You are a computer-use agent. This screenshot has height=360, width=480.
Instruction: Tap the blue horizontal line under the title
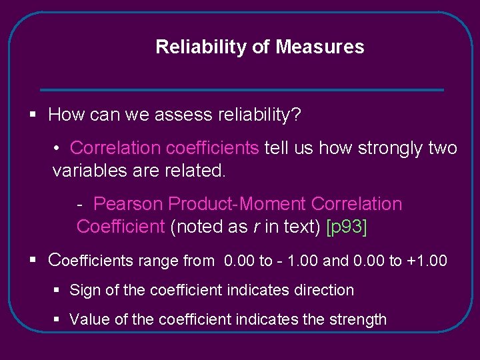tap(241, 90)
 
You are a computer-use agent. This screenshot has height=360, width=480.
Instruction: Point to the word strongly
tap(389, 148)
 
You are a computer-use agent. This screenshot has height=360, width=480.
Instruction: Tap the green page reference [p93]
tap(346, 227)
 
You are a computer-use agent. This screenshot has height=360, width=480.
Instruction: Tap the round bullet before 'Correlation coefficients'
tap(59, 148)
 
